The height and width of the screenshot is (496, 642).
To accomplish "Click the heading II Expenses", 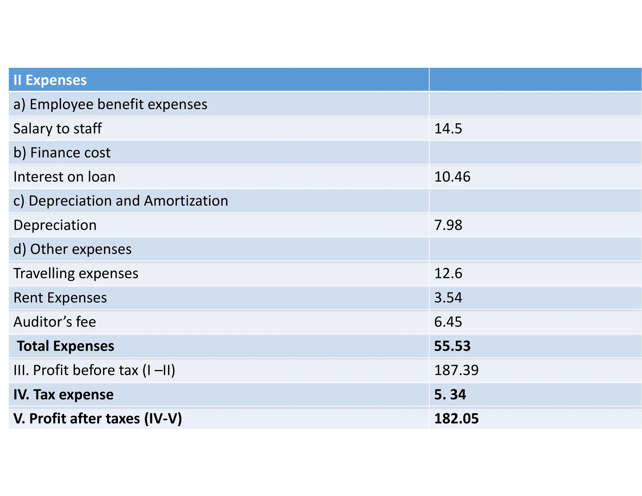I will click(50, 80).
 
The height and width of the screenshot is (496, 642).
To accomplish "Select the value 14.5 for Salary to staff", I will click(448, 129).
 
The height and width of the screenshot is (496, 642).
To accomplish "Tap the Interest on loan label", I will click(64, 177).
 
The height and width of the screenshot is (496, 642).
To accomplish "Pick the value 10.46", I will click(452, 177).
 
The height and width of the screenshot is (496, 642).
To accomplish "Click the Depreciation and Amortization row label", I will click(121, 201).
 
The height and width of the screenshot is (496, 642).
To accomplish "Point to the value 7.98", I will click(448, 225).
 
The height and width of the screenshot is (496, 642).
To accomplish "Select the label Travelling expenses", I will click(76, 273).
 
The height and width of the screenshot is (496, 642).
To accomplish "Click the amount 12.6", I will click(448, 273).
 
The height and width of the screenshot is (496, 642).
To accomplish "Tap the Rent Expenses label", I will click(60, 298).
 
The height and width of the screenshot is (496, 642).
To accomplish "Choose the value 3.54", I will click(448, 298).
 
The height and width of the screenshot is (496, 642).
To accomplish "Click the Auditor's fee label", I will click(55, 322).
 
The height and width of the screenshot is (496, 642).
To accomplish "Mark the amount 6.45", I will click(448, 322).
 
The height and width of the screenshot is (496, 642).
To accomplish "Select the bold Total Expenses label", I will click(65, 346).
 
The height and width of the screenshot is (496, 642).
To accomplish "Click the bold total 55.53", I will click(452, 346).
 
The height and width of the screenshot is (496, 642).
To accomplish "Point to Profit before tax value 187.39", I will click(456, 370).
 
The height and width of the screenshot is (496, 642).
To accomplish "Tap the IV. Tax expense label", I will click(63, 394).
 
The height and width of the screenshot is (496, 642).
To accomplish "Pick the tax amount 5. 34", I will click(450, 394).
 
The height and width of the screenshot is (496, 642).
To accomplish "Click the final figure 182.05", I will click(456, 419).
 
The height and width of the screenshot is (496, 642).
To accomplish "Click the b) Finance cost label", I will click(62, 153).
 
